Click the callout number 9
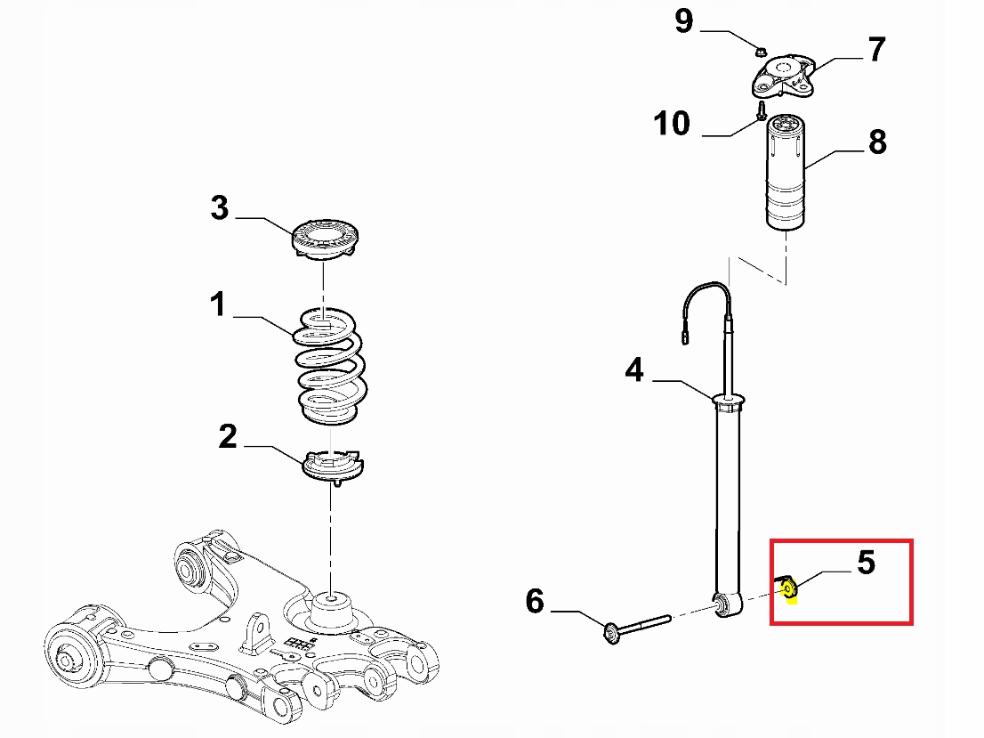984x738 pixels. [x=683, y=20]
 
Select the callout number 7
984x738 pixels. [x=877, y=50]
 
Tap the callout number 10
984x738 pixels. [x=673, y=124]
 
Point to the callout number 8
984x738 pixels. [x=877, y=142]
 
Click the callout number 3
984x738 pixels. [x=220, y=208]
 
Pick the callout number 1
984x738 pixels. [x=218, y=305]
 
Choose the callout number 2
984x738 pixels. [x=228, y=436]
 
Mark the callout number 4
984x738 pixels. [x=633, y=369]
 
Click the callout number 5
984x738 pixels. [x=866, y=563]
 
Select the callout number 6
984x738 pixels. [x=535, y=602]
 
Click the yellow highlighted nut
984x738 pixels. [x=788, y=587]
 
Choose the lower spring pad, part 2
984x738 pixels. [x=335, y=466]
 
